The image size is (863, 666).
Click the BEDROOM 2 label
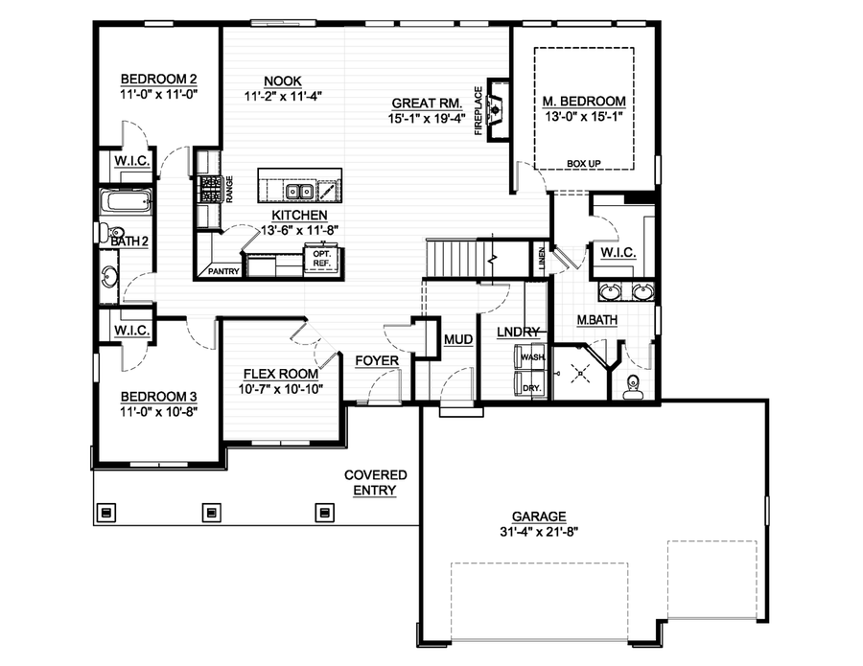tap(158, 79)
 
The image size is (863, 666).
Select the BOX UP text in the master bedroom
tap(583, 164)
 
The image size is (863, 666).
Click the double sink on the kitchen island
tap(298, 180)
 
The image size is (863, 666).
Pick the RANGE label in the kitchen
tap(229, 189)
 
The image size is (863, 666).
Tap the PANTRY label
tap(218, 271)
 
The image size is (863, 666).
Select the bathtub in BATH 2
tap(126, 202)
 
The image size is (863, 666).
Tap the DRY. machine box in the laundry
tap(531, 387)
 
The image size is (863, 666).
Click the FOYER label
tap(376, 360)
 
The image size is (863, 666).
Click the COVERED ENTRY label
tap(376, 482)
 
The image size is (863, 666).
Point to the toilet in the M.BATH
tap(632, 387)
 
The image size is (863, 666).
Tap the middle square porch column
tap(211, 512)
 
